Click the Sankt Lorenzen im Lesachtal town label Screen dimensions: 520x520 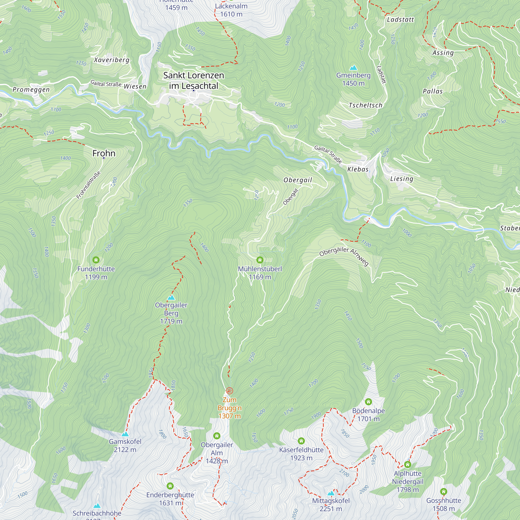pos(193,81)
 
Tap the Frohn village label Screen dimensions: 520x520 pos(104,153)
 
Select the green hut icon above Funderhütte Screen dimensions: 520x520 pos(96,260)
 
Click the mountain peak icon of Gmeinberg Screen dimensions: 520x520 pos(353,68)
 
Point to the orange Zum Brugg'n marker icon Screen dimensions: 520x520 pos(229,391)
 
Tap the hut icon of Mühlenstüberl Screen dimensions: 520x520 pos(260,260)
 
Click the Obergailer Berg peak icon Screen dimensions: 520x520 pos(171,297)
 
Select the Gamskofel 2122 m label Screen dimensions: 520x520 pos(125,445)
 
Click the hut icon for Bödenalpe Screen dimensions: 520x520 pos(368,402)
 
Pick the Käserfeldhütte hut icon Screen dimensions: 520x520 pos(301,441)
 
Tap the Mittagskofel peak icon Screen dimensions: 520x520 pos(331,493)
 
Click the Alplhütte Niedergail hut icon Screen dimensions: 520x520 pos(407,465)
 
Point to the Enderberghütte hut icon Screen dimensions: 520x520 pos(170,486)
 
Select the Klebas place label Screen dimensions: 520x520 pos(358,169)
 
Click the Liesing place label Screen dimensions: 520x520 pos(402,179)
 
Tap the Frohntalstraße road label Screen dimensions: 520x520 pos(89,185)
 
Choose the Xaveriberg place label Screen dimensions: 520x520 pos(112,60)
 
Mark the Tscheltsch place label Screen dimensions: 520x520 pos(366,105)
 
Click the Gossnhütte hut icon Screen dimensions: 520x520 pos(444,492)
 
